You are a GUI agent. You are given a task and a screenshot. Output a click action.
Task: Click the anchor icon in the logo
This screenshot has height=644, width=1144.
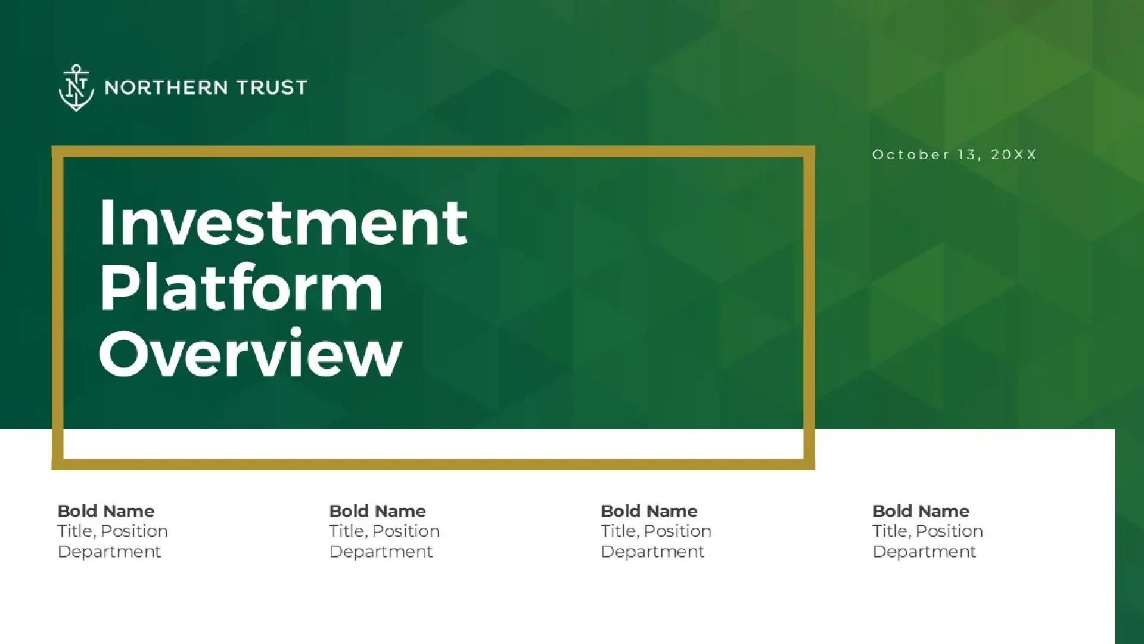click(x=76, y=88)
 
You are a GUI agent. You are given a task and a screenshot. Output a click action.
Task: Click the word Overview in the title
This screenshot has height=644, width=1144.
click(x=251, y=353)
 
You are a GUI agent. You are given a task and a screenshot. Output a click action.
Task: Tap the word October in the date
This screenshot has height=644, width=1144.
click(x=911, y=154)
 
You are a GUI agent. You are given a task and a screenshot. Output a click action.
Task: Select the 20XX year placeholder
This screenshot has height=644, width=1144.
click(x=1014, y=154)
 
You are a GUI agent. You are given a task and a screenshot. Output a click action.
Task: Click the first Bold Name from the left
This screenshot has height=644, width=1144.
click(x=105, y=511)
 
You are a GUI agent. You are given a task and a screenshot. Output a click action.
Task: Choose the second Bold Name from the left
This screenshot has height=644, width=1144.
click(x=377, y=511)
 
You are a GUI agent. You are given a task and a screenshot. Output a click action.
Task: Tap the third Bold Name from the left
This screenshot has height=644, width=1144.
click(x=649, y=511)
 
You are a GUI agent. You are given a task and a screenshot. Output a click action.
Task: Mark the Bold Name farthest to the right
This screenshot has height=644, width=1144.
click(x=921, y=511)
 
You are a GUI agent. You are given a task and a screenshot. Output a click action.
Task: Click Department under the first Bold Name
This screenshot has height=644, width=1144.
click(x=109, y=552)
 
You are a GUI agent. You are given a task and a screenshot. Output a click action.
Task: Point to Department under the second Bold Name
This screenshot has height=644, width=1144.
click(x=381, y=552)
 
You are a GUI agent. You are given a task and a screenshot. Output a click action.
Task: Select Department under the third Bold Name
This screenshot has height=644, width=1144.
click(x=652, y=552)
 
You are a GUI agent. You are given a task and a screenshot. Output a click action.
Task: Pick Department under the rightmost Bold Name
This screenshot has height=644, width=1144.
click(x=924, y=552)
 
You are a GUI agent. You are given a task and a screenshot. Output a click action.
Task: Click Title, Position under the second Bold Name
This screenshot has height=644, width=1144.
click(x=384, y=531)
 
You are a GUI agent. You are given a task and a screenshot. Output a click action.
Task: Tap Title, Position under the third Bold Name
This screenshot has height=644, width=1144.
click(x=656, y=531)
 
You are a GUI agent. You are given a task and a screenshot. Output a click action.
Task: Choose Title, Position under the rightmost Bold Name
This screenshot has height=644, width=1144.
click(x=928, y=531)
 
